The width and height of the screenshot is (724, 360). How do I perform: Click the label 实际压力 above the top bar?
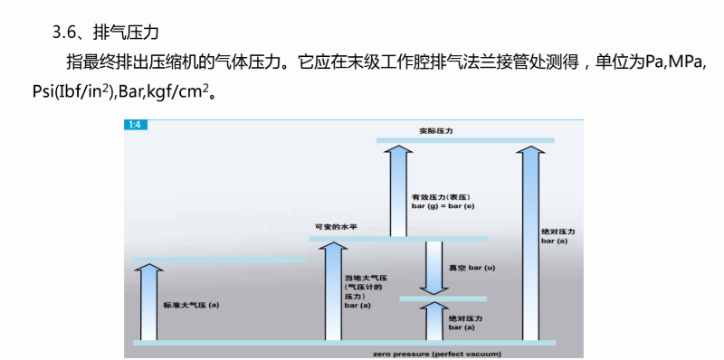coord(435,130)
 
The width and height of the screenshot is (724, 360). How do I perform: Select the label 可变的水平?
coord(331,227)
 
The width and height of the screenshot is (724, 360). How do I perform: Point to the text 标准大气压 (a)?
coord(191,305)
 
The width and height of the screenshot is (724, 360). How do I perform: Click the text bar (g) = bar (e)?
coord(443,207)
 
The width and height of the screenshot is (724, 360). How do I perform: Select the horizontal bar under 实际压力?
coord(464,139)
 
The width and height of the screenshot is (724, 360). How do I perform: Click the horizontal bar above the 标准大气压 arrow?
coord(219,260)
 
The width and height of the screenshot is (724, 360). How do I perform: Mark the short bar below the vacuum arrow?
coord(443,298)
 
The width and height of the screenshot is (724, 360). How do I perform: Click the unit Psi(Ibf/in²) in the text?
coord(54,93)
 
